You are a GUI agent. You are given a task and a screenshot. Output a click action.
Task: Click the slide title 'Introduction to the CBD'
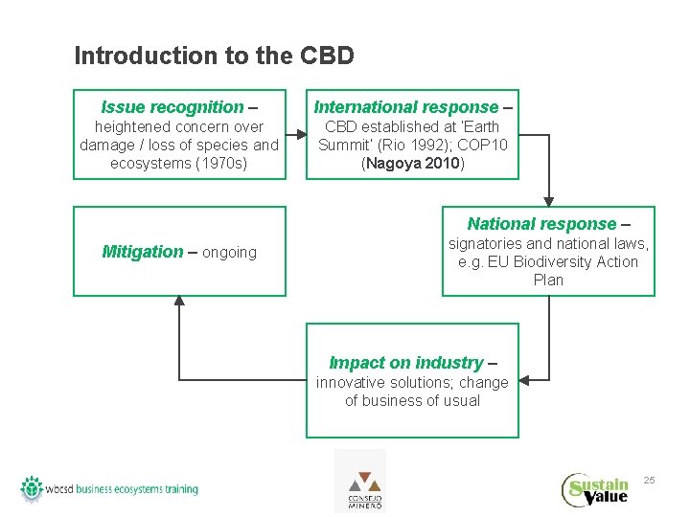coord(214,56)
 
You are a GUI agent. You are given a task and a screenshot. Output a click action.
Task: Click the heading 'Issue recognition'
coord(172,107)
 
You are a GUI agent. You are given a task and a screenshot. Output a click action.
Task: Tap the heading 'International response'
coord(406,107)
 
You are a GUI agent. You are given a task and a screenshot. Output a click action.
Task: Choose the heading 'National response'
coord(541,224)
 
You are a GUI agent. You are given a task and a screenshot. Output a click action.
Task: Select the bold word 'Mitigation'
coord(142,252)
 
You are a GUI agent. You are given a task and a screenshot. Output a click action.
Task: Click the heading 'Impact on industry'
coord(406,363)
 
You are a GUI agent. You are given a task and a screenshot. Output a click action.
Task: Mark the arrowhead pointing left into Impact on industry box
coord(526,381)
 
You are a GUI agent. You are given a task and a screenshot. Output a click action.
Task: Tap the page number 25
coord(649,480)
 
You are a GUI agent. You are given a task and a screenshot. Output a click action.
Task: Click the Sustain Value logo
coord(595,489)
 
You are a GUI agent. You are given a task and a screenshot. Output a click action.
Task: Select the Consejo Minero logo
coord(359,482)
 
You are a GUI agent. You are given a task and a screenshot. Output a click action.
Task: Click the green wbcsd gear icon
coord(33,487)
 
